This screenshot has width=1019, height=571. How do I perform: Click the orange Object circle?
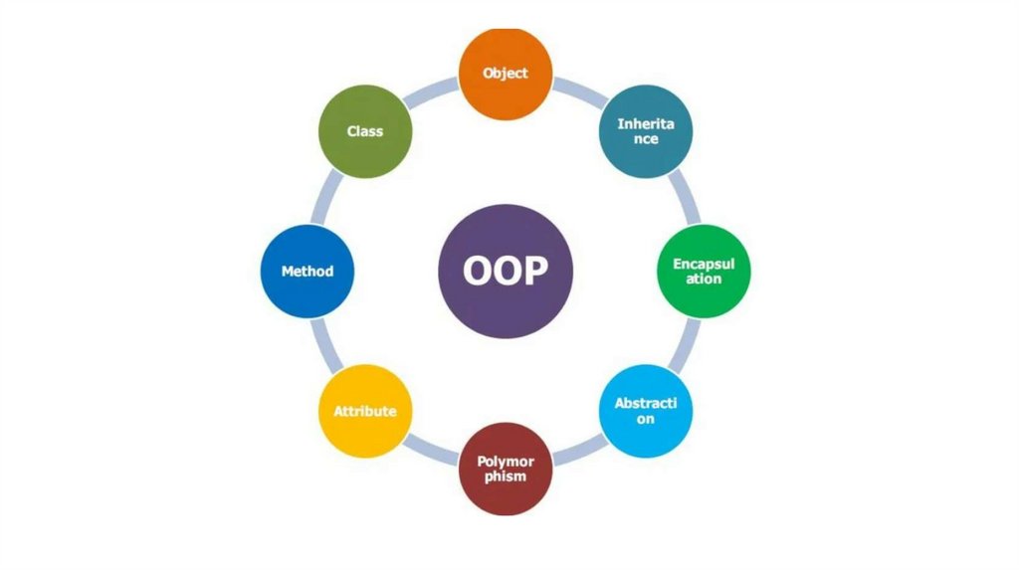pyautogui.click(x=505, y=74)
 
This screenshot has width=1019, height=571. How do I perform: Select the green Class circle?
pyautogui.click(x=365, y=131)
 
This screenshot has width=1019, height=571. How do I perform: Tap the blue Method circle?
pyautogui.click(x=307, y=271)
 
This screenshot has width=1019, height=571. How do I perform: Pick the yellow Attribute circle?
pyautogui.click(x=365, y=411)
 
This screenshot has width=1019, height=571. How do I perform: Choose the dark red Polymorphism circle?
pyautogui.click(x=506, y=469)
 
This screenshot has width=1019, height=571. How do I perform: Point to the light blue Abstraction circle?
pyautogui.click(x=646, y=411)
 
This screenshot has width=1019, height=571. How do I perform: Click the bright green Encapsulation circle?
pyautogui.click(x=704, y=272)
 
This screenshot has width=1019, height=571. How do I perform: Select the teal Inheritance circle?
pyautogui.click(x=646, y=131)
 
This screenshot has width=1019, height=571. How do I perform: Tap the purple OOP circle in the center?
pyautogui.click(x=506, y=272)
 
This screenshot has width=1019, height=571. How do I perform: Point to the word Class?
pyautogui.click(x=365, y=131)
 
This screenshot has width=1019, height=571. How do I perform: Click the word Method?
pyautogui.click(x=307, y=271)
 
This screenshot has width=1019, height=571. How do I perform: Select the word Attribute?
pyautogui.click(x=365, y=411)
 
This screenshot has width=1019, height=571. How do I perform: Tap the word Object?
pyautogui.click(x=505, y=73)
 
